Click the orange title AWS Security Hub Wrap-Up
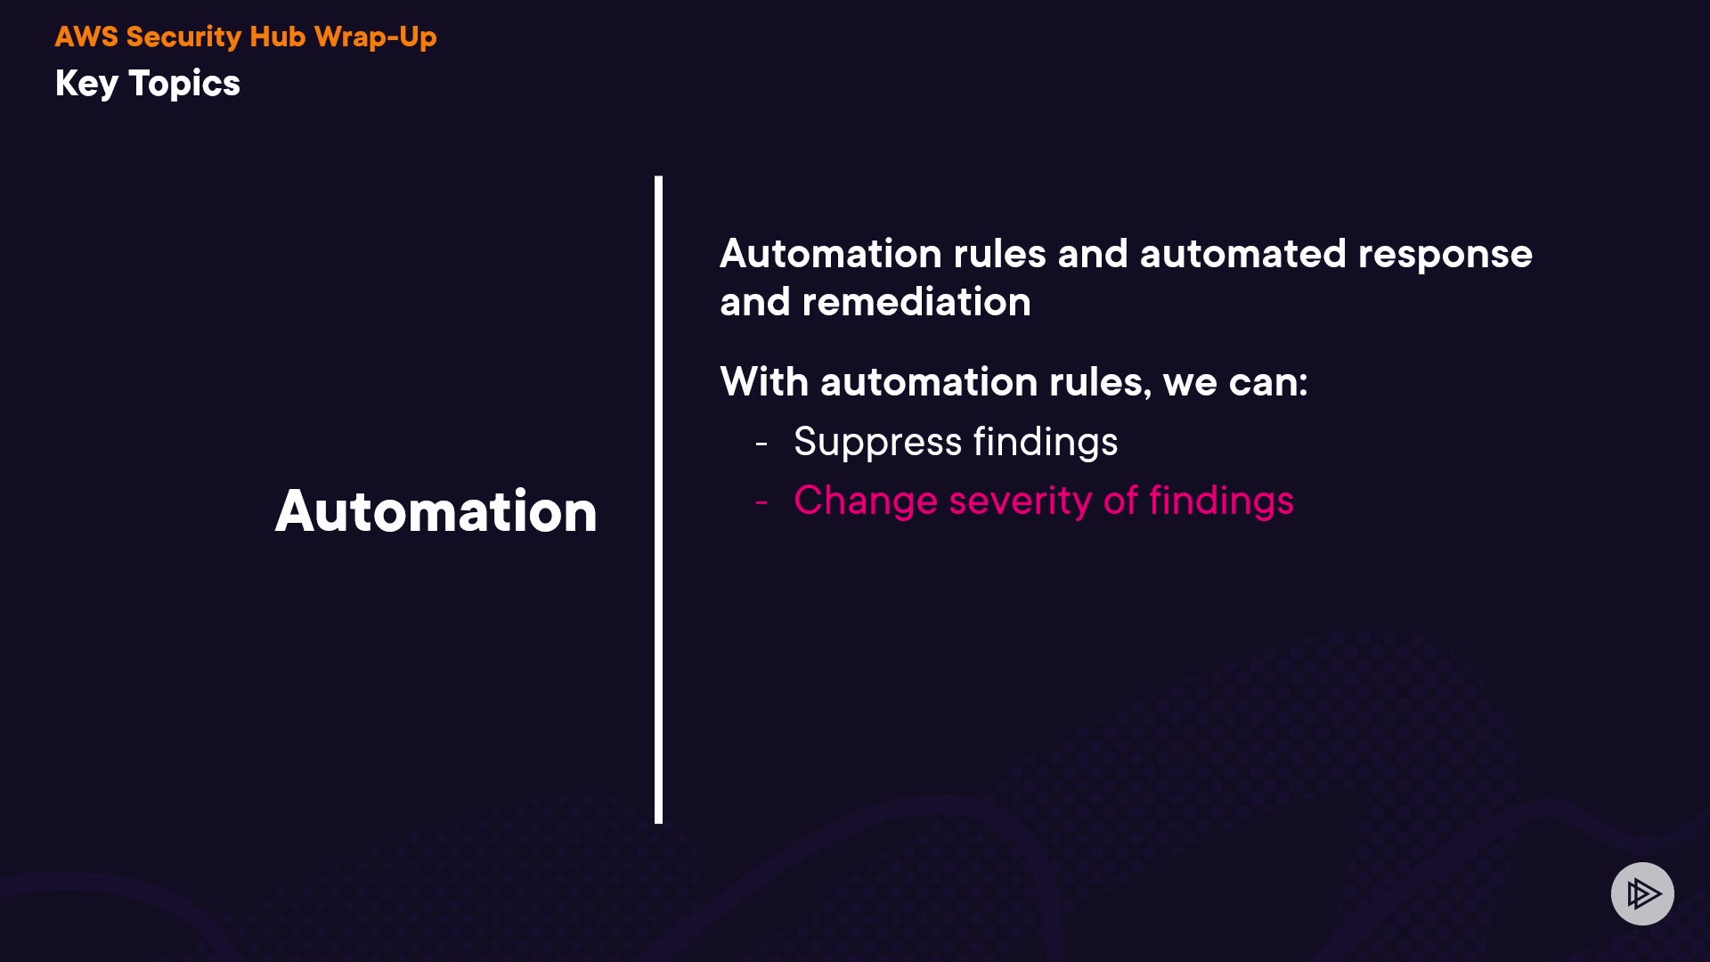[x=246, y=37]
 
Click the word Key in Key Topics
[x=86, y=84]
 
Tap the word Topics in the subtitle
[x=184, y=84]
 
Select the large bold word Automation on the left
[x=436, y=511]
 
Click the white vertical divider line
[x=658, y=499]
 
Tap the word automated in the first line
[x=1242, y=254]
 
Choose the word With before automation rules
[x=764, y=382]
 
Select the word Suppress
[x=877, y=442]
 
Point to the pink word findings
[x=1221, y=501]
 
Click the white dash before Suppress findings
[x=761, y=443]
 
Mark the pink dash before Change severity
[x=761, y=502]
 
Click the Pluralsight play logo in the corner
[x=1642, y=893]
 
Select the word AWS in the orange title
[x=86, y=37]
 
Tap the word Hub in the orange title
[x=277, y=37]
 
